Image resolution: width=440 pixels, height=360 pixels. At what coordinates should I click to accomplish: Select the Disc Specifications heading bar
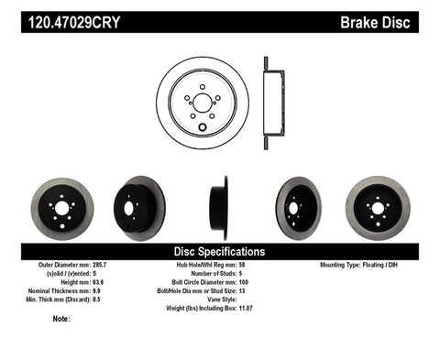220,250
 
